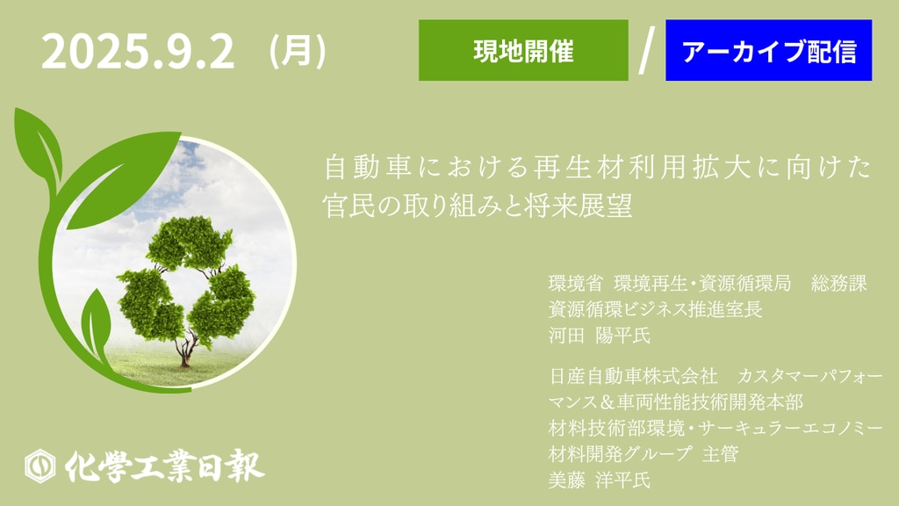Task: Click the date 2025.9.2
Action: (x=138, y=52)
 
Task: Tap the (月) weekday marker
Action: (x=298, y=51)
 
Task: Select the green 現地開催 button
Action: (x=523, y=50)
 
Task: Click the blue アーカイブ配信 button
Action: (x=768, y=50)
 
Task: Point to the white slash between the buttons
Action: (x=647, y=50)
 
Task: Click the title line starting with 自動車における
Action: (x=597, y=167)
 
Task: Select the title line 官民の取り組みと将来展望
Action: (x=478, y=206)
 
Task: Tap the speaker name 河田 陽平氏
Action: (x=599, y=335)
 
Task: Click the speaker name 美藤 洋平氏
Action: (x=599, y=480)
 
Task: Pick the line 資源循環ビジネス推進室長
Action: (x=655, y=309)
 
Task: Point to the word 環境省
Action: (x=576, y=283)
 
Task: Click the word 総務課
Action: (x=838, y=283)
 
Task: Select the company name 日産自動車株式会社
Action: (x=633, y=376)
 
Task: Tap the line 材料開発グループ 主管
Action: (x=644, y=454)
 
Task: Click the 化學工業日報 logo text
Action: (x=164, y=466)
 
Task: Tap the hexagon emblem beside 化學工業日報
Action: (x=40, y=466)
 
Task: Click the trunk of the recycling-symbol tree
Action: (x=184, y=350)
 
